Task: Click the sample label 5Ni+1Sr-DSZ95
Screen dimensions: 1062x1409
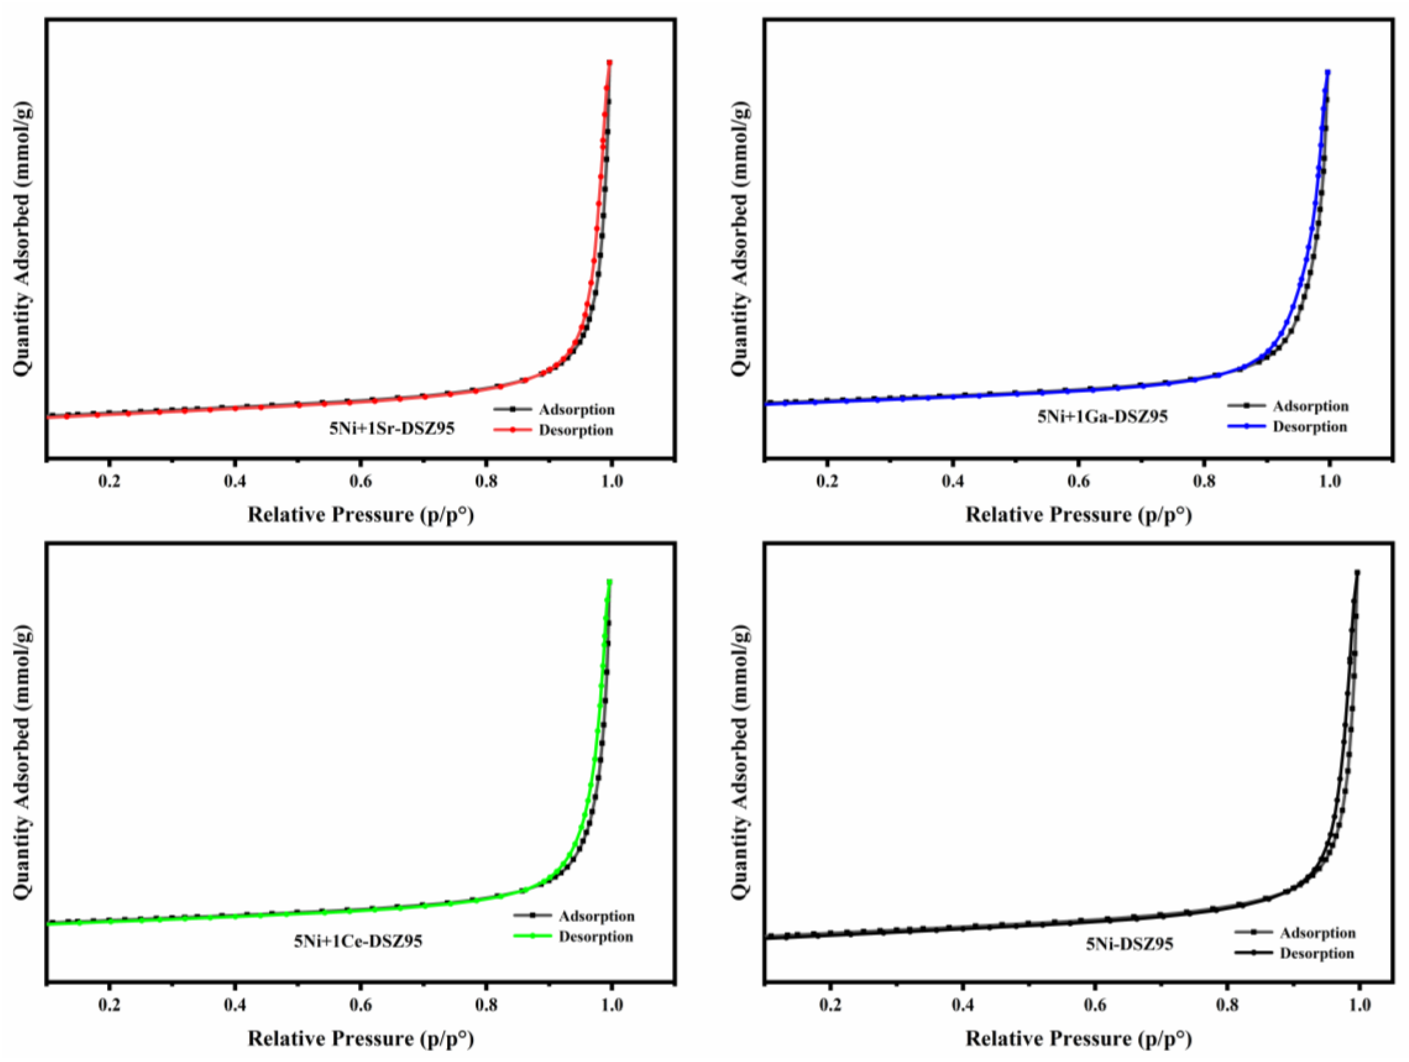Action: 392,429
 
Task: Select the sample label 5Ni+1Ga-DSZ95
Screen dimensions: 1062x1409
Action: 1103,417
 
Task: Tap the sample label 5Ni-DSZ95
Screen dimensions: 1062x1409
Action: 1129,944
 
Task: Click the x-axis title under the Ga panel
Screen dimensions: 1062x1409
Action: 1078,515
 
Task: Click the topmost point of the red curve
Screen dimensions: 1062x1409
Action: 609,63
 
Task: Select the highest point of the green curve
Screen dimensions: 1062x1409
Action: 609,581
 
